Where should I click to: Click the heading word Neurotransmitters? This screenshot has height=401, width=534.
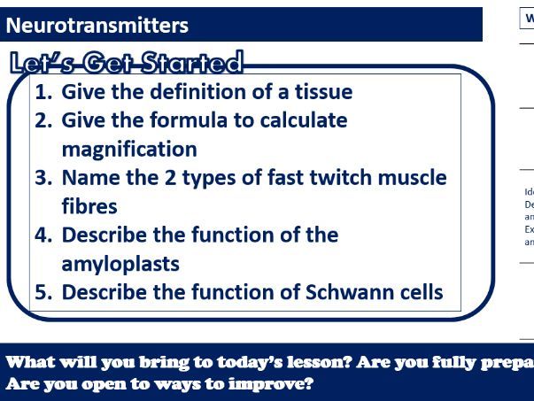(x=97, y=25)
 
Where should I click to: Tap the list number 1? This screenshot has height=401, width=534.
(x=43, y=91)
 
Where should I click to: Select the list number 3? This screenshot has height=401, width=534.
(x=43, y=177)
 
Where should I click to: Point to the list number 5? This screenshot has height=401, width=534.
(x=43, y=292)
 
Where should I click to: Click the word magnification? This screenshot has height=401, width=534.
(x=129, y=148)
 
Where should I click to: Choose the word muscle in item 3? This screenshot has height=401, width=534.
(x=406, y=177)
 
